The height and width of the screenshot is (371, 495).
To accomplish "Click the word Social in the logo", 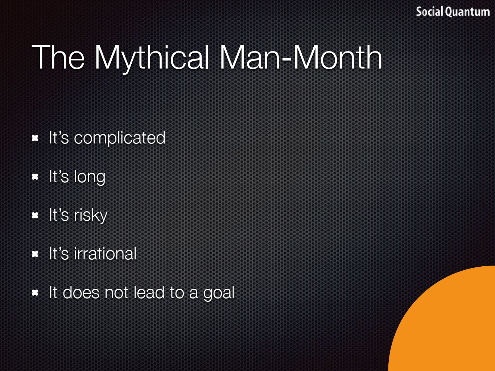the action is click(430, 12).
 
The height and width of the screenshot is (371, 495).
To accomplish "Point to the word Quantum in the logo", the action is click(468, 12).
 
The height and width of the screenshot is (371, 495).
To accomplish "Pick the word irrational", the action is click(105, 254).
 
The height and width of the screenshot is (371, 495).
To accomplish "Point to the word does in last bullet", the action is click(81, 292).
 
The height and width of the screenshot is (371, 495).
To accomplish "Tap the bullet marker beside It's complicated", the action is click(35, 138).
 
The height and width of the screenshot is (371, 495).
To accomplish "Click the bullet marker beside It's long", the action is click(35, 177).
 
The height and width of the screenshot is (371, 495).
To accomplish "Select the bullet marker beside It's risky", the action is click(35, 215).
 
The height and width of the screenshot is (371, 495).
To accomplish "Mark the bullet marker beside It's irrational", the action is click(35, 254).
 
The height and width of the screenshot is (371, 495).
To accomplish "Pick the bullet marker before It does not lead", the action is click(35, 293).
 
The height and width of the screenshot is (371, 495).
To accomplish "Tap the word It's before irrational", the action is click(59, 254).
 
